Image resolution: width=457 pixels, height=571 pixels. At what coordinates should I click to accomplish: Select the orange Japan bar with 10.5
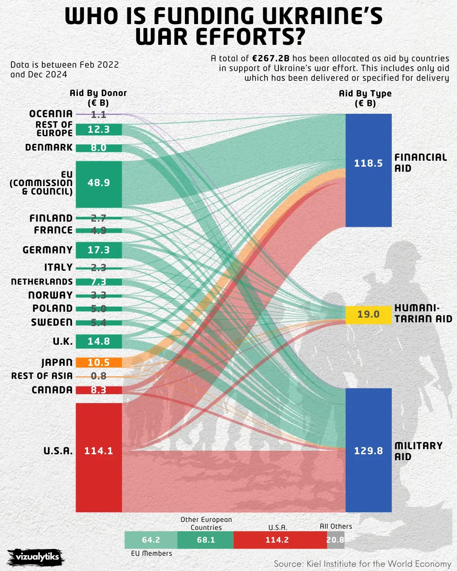point(99,362)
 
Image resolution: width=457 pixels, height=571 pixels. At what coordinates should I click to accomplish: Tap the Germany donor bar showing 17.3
point(99,250)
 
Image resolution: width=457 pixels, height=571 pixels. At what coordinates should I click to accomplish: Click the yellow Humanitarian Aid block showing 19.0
point(368,315)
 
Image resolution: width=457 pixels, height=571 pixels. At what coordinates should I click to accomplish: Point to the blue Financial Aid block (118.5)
point(368,170)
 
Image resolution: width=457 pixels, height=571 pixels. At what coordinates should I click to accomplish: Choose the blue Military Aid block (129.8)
point(368,450)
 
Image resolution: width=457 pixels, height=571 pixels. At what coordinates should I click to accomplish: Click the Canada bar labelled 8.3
point(99,390)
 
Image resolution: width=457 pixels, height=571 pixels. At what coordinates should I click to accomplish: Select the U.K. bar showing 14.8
point(99,341)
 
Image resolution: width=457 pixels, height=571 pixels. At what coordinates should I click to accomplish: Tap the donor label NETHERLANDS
point(42,282)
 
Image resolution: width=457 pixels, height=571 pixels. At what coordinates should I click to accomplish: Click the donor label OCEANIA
point(51,114)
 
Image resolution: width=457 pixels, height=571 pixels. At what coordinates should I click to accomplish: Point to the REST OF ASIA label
point(42,376)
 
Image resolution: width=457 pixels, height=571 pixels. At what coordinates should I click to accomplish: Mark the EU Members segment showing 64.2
point(151,540)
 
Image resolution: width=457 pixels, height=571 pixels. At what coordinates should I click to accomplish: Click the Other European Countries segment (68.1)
point(206,540)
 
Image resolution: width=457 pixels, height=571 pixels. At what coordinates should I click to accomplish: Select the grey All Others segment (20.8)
point(336,540)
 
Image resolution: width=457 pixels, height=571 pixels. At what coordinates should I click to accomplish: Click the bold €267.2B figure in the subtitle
point(271,58)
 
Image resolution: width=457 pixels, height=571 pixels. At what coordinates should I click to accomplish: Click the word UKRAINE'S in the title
point(322,16)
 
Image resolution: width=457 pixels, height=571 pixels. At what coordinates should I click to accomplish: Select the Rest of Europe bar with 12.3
point(99,129)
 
